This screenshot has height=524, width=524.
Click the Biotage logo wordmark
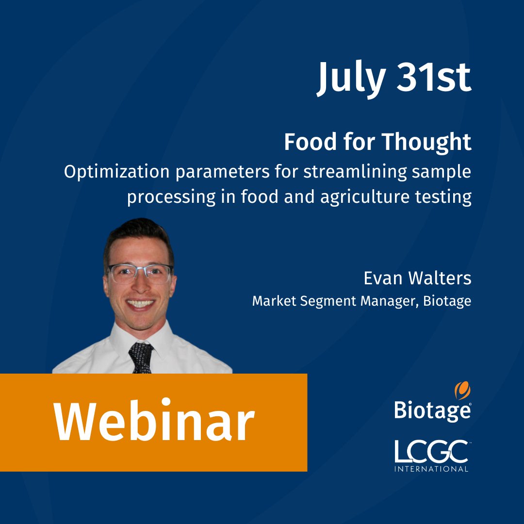432,410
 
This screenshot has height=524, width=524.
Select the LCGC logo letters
431,452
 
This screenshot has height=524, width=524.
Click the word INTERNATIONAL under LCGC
431,469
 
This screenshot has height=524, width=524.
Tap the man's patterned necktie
141,357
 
